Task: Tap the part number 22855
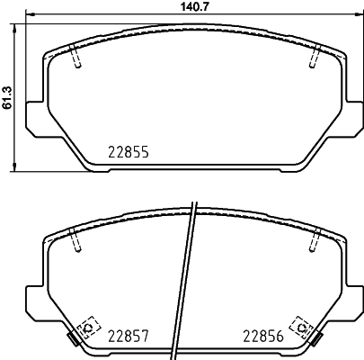[128, 153]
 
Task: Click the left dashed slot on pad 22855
[75, 57]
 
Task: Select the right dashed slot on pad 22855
[313, 57]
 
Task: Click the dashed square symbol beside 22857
[87, 327]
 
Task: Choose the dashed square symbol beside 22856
[300, 327]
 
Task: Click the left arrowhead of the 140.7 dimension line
[27, 15]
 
